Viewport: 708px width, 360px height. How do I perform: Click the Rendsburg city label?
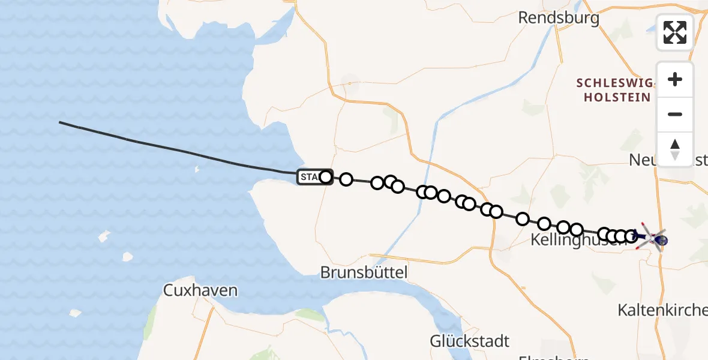(558, 18)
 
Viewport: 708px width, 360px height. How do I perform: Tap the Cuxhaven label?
(200, 291)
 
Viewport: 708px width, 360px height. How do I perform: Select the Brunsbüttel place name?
(364, 273)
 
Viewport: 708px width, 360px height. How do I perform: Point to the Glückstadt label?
(469, 341)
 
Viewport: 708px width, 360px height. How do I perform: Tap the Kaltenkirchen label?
(662, 310)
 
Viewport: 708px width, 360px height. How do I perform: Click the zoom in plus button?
(675, 80)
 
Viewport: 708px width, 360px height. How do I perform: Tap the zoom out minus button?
(675, 115)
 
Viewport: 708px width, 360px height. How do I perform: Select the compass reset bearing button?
(675, 149)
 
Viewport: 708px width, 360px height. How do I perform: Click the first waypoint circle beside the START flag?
(326, 177)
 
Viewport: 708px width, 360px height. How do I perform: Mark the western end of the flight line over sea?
(60, 122)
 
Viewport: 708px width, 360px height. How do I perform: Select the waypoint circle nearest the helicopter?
(631, 236)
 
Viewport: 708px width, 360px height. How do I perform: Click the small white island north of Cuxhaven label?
(127, 257)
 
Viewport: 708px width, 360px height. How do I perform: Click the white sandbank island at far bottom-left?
(74, 313)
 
